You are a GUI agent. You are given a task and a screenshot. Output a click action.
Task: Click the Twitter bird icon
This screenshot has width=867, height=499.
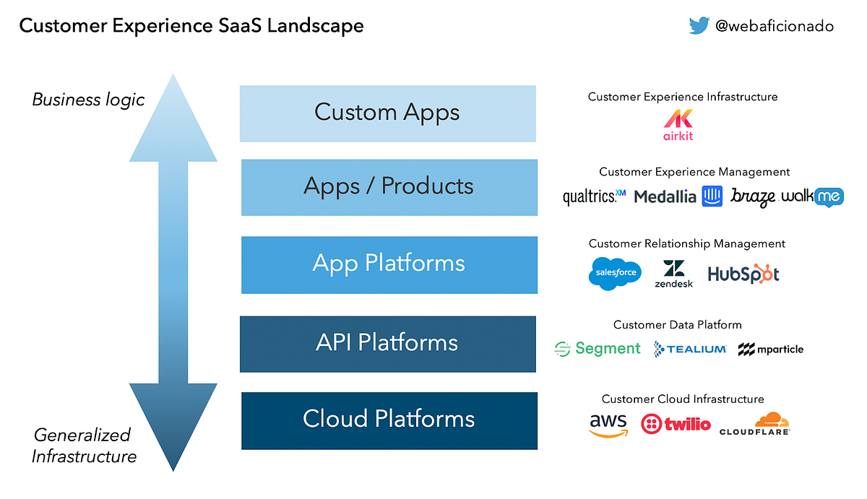coord(699,25)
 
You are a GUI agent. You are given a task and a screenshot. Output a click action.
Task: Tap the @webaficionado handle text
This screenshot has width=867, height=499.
coord(774,26)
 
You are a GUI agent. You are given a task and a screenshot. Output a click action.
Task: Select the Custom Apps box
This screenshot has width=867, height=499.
coord(388,113)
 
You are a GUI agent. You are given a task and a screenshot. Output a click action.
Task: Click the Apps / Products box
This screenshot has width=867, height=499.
coord(389,188)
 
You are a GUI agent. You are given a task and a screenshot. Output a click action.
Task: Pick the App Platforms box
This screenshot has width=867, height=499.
coord(389,265)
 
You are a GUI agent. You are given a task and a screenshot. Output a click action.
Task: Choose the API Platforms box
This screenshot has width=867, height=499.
coord(388,344)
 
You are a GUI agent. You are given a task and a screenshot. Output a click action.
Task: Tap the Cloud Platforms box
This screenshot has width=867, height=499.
coord(389,421)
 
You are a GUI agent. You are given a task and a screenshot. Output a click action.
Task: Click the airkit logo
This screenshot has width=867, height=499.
coord(678,124)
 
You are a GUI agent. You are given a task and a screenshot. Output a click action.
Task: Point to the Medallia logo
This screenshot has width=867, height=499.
coord(665,197)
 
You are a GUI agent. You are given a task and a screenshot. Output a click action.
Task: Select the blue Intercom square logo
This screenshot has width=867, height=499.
coord(712,196)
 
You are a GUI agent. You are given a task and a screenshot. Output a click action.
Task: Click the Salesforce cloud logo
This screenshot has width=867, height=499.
coord(615,274)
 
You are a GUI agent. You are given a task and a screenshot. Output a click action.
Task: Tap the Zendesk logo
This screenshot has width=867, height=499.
coord(673,274)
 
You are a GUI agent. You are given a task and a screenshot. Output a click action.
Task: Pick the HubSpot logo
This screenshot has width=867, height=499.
coord(743,274)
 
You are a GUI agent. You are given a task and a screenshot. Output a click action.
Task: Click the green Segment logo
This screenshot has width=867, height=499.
coord(598,349)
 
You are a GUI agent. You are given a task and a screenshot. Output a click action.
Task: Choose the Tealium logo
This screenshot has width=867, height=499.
coord(690,349)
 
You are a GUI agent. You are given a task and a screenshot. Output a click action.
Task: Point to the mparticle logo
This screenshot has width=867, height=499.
coord(771,350)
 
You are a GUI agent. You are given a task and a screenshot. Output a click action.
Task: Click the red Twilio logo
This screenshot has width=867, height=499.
coord(676,425)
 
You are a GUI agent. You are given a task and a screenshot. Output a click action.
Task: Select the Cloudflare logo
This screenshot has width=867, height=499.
coord(755,424)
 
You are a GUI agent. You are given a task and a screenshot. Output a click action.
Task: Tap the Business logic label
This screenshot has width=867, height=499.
coord(88,100)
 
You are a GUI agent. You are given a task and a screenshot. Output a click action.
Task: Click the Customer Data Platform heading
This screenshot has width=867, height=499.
coord(678,324)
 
